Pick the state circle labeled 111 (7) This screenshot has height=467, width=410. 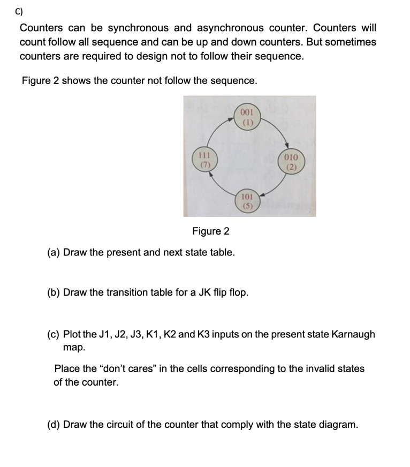204,160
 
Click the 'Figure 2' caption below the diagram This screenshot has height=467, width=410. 210,231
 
